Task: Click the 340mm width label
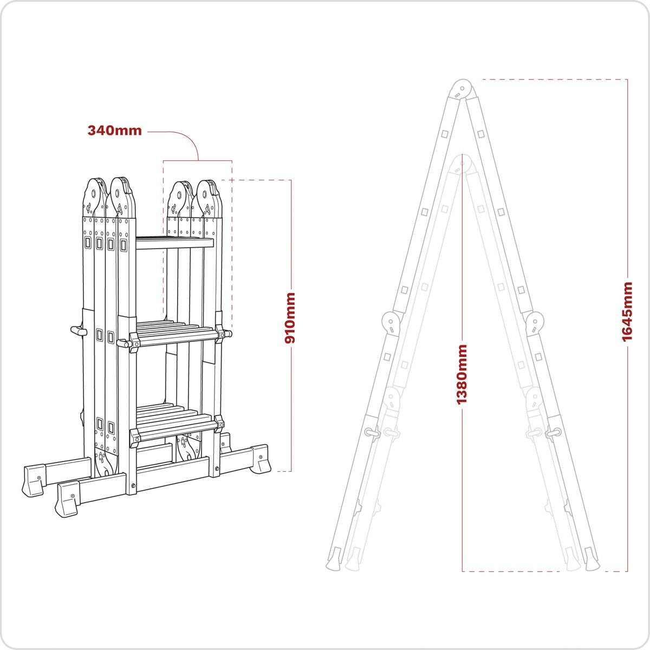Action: pos(114,131)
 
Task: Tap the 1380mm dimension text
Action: pos(461,374)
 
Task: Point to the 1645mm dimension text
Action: pos(627,311)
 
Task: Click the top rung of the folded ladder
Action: pos(175,244)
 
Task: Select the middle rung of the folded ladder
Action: pos(175,336)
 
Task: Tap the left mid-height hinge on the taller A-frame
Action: pos(391,323)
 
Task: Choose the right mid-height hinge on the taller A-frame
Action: pos(535,323)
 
